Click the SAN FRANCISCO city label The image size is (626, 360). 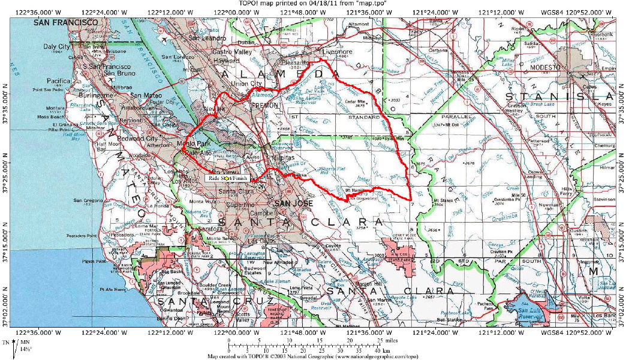(x=65, y=22)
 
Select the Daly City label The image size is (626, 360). (x=57, y=46)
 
